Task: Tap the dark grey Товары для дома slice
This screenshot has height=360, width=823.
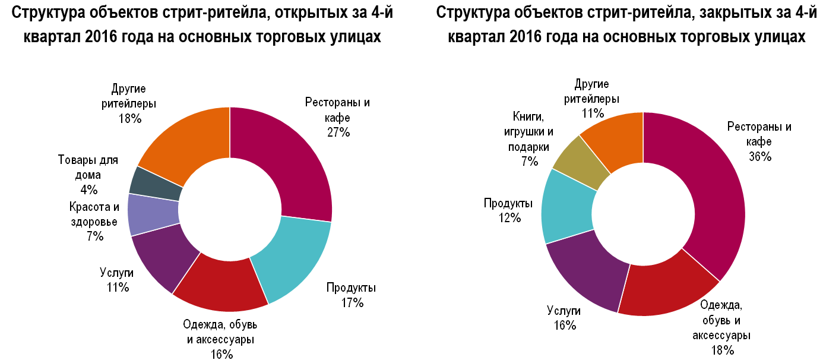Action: [x=156, y=183]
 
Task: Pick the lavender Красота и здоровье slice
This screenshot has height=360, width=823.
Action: [x=153, y=215]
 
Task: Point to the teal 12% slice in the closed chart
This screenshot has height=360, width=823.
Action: [x=567, y=205]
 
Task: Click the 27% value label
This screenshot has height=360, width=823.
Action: [x=338, y=132]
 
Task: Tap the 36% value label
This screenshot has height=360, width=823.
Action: [x=759, y=157]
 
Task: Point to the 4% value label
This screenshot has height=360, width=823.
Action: [x=88, y=190]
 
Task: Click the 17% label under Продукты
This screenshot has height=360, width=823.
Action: [x=352, y=303]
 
